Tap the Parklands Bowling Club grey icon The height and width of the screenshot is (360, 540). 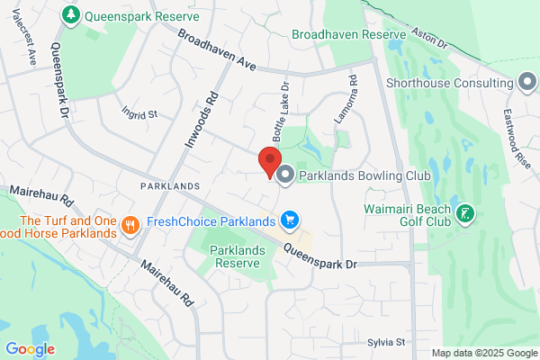[285, 175]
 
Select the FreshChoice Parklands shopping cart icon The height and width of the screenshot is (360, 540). [289, 220]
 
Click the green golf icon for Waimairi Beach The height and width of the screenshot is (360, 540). [465, 213]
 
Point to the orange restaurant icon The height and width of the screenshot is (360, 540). [130, 225]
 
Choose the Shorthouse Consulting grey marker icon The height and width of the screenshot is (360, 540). [527, 83]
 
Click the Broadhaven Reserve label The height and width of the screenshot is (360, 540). [349, 34]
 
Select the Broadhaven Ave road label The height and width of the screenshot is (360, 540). [217, 50]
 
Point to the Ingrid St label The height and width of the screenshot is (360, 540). [139, 114]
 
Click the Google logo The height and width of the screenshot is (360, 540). [30, 349]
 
